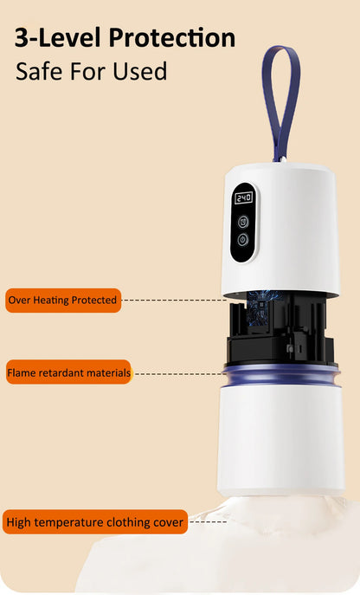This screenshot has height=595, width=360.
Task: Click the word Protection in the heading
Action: pyautogui.click(x=172, y=38)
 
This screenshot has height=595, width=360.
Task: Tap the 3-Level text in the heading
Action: pyautogui.click(x=59, y=38)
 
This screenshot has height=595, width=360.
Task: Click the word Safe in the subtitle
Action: pyautogui.click(x=37, y=71)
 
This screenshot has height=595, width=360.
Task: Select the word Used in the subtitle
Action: pyautogui.click(x=140, y=71)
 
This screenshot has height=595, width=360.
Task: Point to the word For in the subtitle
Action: pyautogui.click(x=86, y=71)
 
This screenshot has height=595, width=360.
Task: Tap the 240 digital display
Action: pyautogui.click(x=243, y=197)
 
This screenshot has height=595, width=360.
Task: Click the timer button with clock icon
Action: pyautogui.click(x=243, y=221)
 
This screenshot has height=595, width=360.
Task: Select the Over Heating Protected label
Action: pyautogui.click(x=63, y=301)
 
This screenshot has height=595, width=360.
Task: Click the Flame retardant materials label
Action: pyautogui.click(x=68, y=372)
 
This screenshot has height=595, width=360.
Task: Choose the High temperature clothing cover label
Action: pyautogui.click(x=95, y=522)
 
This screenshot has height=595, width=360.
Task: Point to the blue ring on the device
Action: pyautogui.click(x=281, y=374)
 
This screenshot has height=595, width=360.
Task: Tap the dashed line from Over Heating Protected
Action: pyautogui.click(x=174, y=301)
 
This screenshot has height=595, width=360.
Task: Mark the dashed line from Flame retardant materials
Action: pyautogui.click(x=179, y=374)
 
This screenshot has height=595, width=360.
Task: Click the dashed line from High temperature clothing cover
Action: pyautogui.click(x=209, y=522)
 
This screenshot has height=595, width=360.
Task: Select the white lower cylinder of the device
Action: pyautogui.click(x=281, y=440)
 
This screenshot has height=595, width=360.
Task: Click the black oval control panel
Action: pyautogui.click(x=243, y=223)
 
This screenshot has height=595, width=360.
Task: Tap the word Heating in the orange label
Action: pyautogui.click(x=51, y=301)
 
